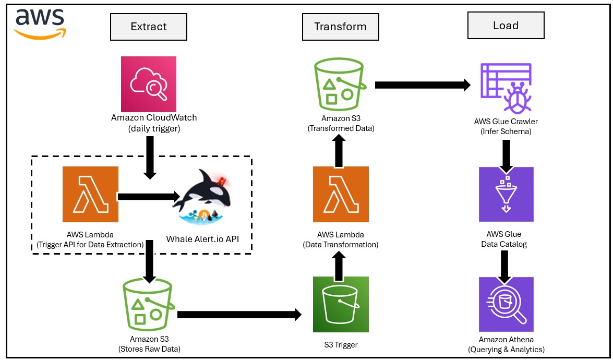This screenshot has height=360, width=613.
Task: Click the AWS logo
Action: (x=40, y=23)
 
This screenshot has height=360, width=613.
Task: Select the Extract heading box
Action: (x=149, y=27)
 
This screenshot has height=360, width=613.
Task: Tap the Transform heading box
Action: (x=340, y=27)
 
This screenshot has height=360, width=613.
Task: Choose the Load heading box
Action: (x=506, y=26)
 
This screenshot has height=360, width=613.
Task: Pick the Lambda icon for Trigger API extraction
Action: (x=90, y=195)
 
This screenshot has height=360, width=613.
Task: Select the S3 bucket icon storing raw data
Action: (x=147, y=302)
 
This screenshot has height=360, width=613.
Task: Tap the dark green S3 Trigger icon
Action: (x=341, y=305)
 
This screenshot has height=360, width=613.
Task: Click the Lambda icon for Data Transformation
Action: (x=340, y=194)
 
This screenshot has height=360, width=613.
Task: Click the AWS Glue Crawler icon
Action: (x=506, y=87)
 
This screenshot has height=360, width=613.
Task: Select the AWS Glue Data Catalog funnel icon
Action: (x=506, y=194)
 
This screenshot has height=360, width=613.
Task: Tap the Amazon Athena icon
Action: (x=506, y=304)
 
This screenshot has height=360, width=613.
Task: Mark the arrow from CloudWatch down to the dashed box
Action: (x=150, y=157)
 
